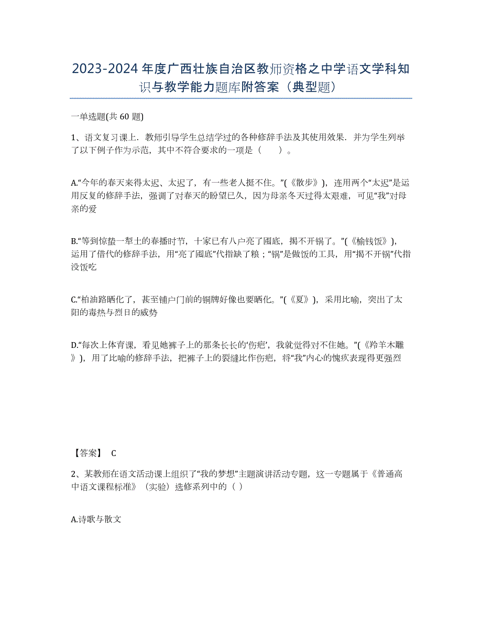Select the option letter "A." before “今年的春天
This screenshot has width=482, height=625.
74,183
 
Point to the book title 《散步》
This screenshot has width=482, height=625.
302,183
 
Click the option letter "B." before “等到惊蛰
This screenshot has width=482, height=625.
74,241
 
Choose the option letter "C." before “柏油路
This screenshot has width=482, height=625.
74,300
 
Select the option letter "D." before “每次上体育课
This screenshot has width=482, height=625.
74,345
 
